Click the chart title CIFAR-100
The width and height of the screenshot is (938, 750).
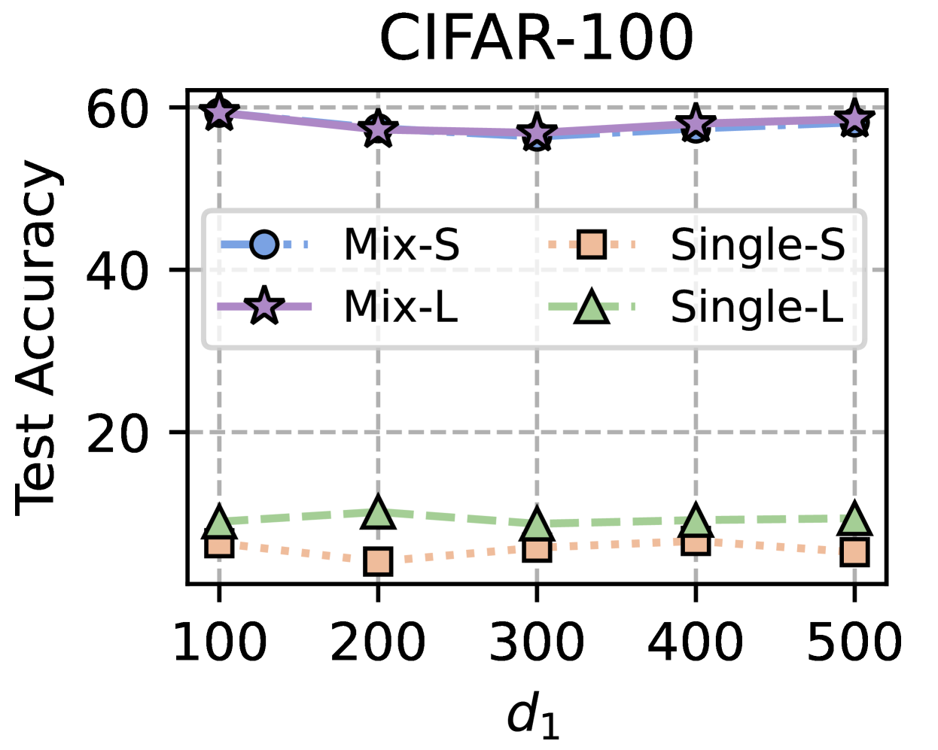536,39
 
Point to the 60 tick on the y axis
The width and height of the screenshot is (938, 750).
116,109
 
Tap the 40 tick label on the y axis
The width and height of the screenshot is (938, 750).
116,271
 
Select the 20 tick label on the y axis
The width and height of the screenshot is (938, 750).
116,433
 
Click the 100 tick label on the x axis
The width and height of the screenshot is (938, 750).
219,643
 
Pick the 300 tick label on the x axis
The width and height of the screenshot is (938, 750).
537,643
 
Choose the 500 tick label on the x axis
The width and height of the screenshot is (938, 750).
854,643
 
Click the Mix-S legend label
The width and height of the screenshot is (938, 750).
401,245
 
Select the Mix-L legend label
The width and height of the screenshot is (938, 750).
400,307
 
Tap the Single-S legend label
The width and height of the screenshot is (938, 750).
757,245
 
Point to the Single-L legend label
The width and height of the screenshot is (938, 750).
757,307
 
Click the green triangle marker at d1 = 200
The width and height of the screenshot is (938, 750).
378,513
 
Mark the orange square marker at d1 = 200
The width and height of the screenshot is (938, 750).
378,561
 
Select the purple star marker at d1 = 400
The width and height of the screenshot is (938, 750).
696,123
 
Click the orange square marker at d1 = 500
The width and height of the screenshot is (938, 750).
854,552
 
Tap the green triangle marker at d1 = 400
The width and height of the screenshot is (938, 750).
696,521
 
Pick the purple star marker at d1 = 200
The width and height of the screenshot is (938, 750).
378,130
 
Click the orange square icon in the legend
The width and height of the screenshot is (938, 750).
592,245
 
